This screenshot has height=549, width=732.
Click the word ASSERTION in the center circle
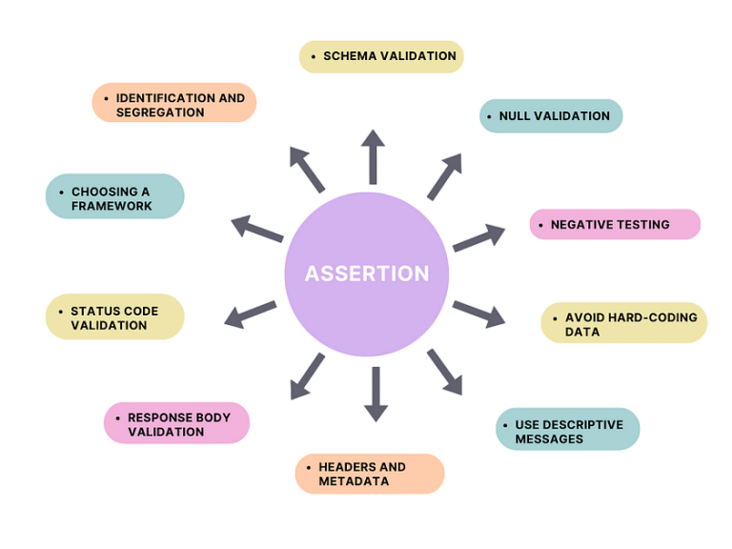pyautogui.click(x=367, y=274)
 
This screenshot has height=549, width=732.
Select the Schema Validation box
pyautogui.click(x=381, y=56)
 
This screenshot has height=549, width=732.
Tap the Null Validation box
pyautogui.click(x=551, y=116)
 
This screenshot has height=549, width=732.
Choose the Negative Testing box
pyautogui.click(x=615, y=225)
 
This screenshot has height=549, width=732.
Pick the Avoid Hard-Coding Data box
pyautogui.click(x=624, y=324)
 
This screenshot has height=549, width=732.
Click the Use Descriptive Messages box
pyautogui.click(x=567, y=432)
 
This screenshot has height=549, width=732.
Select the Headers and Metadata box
pyautogui.click(x=370, y=474)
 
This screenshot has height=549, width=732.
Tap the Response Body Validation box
pyautogui.click(x=176, y=424)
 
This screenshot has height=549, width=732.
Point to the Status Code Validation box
pyautogui.click(x=114, y=317)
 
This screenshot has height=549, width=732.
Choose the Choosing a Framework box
pyautogui.click(x=114, y=198)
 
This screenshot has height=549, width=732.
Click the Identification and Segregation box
pyautogui.click(x=174, y=105)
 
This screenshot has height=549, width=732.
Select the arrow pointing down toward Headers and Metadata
pyautogui.click(x=376, y=394)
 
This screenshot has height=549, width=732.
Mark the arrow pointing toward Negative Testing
pyautogui.click(x=478, y=237)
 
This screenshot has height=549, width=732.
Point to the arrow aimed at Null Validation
pyautogui.click(x=443, y=176)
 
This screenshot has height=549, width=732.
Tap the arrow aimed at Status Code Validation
pyautogui.click(x=250, y=315)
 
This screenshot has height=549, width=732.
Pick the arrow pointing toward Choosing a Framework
pyautogui.click(x=256, y=229)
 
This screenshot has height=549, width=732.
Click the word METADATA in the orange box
pyautogui.click(x=354, y=481)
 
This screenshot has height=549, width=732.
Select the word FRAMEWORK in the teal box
pyautogui.click(x=112, y=206)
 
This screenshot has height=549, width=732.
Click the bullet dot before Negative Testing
pyautogui.click(x=540, y=225)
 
